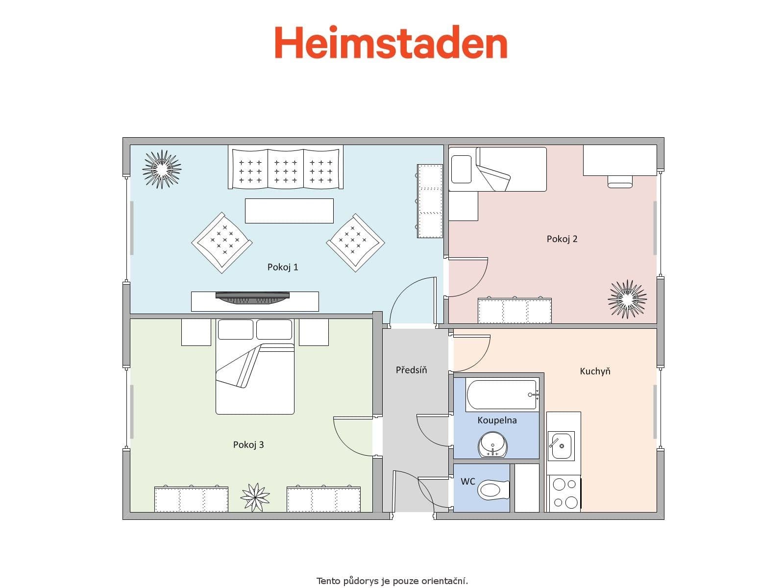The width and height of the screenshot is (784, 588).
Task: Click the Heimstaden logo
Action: (x=391, y=43)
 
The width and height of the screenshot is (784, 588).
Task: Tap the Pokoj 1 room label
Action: (x=283, y=267)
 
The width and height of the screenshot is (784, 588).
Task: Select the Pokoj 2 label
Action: (x=562, y=239)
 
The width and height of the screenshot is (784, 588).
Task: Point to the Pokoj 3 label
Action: (x=248, y=445)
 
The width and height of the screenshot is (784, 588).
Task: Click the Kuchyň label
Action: (x=595, y=371)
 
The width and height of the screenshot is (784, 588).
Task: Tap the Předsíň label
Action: (x=411, y=370)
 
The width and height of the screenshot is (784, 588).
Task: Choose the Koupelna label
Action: (x=497, y=420)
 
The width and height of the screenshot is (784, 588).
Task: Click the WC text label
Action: (x=468, y=482)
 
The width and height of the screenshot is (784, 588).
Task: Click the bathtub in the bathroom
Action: (x=502, y=395)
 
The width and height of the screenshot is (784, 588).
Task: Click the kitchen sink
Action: (x=561, y=446)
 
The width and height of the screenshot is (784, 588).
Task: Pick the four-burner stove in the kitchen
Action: (x=564, y=493)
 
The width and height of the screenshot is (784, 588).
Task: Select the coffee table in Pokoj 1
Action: (x=289, y=211)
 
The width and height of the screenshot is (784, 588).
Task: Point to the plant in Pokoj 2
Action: (x=627, y=299)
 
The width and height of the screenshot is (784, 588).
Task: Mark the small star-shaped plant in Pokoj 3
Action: (x=255, y=497)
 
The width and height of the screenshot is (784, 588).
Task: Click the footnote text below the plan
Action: (x=392, y=581)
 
